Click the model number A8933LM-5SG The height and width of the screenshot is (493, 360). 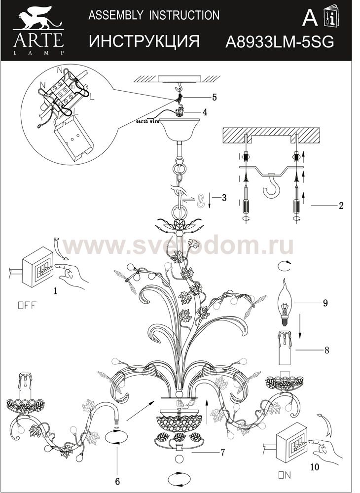click(x=279, y=42)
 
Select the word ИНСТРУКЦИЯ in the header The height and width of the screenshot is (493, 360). click(x=144, y=41)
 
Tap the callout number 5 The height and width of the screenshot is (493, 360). click(x=214, y=97)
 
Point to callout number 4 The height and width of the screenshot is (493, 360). click(x=204, y=112)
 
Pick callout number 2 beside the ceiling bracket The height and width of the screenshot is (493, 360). click(x=341, y=206)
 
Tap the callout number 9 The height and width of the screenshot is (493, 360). click(x=325, y=303)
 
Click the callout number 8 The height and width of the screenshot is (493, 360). click(x=325, y=351)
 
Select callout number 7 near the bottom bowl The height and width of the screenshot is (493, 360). click(x=223, y=451)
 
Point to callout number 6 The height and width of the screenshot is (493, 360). click(x=117, y=480)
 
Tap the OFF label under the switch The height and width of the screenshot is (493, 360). click(x=28, y=304)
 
